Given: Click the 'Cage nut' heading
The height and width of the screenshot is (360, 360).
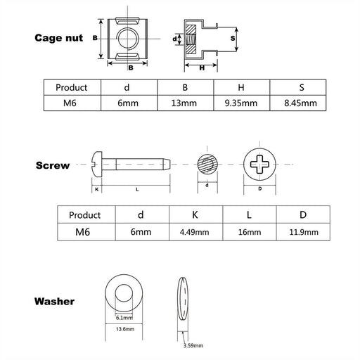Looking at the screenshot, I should (60, 38).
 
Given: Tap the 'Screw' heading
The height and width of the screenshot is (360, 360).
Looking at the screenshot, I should (53, 166).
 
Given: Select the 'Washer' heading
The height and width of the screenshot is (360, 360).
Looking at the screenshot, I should (55, 302).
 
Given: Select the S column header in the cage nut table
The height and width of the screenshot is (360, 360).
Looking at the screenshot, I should (297, 88).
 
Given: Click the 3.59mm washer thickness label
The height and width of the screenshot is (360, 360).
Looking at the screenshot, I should (193, 345).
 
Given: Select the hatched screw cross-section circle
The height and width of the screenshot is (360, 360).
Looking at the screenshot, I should (207, 167).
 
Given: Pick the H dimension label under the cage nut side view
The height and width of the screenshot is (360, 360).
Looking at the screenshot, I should (202, 68).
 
